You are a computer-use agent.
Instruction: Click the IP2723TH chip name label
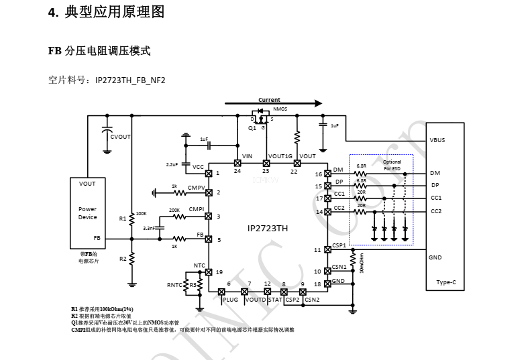pyautogui.click(x=267, y=228)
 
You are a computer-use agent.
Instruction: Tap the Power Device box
pyautogui.click(x=87, y=213)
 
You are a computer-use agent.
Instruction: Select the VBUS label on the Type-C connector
pyautogui.click(x=437, y=140)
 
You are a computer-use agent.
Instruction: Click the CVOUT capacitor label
pyautogui.click(x=121, y=137)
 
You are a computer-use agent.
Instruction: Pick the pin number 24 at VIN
pyautogui.click(x=237, y=171)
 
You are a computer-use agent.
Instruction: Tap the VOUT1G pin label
pyautogui.click(x=280, y=156)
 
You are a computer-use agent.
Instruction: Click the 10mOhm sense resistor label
pyautogui.click(x=361, y=263)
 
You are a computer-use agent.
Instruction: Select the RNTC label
pyautogui.click(x=174, y=285)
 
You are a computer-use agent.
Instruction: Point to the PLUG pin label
pyautogui.click(x=230, y=300)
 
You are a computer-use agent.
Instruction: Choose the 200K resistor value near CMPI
pyautogui.click(x=174, y=210)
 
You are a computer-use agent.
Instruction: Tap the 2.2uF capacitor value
pyautogui.click(x=172, y=164)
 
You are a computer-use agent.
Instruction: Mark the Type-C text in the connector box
pyautogui.click(x=445, y=282)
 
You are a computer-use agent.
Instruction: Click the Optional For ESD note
pyautogui.click(x=392, y=165)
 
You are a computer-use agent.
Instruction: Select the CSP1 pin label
pyautogui.click(x=339, y=245)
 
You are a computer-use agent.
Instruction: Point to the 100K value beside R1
pyautogui.click(x=141, y=213)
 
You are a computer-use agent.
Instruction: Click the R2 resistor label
pyautogui.click(x=123, y=258)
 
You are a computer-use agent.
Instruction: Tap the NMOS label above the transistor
pyautogui.click(x=280, y=109)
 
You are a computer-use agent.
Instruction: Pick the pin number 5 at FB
pyautogui.click(x=219, y=239)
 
